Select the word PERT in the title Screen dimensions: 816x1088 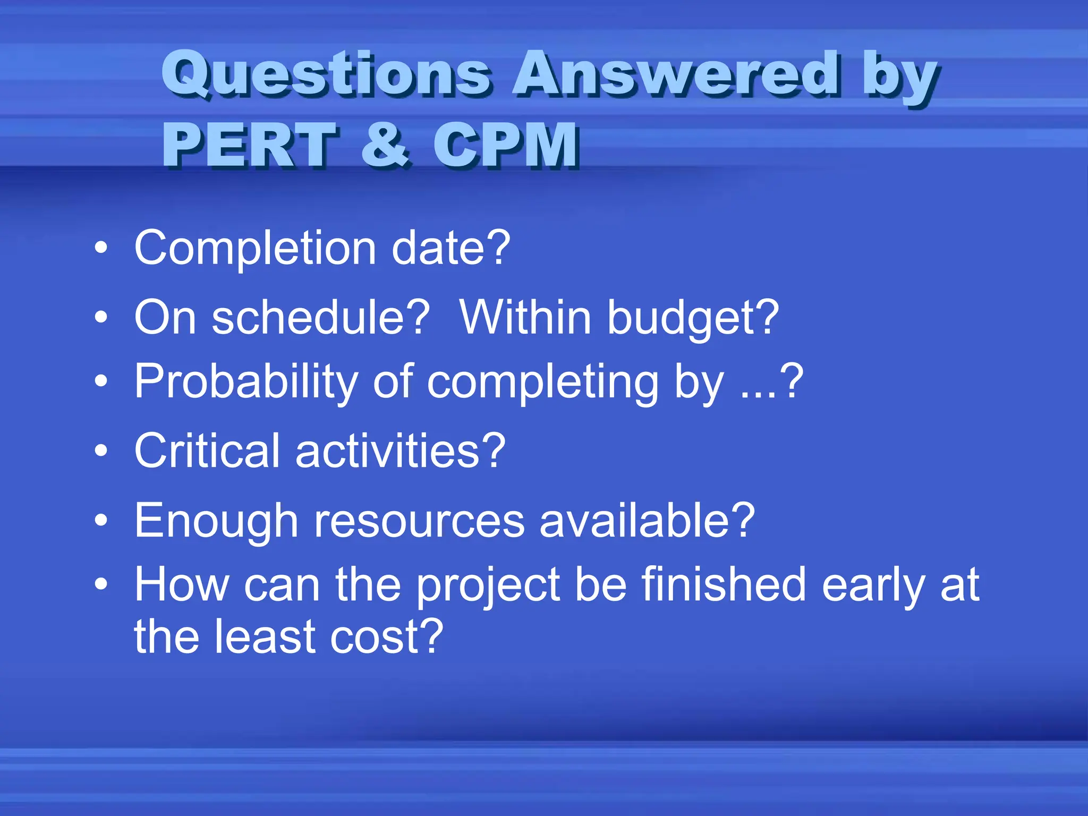pos(249,144)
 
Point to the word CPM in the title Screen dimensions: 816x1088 pos(505,144)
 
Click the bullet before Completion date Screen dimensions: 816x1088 pos(101,248)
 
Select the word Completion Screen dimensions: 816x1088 pos(255,249)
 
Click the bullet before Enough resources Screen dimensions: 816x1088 pos(101,521)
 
